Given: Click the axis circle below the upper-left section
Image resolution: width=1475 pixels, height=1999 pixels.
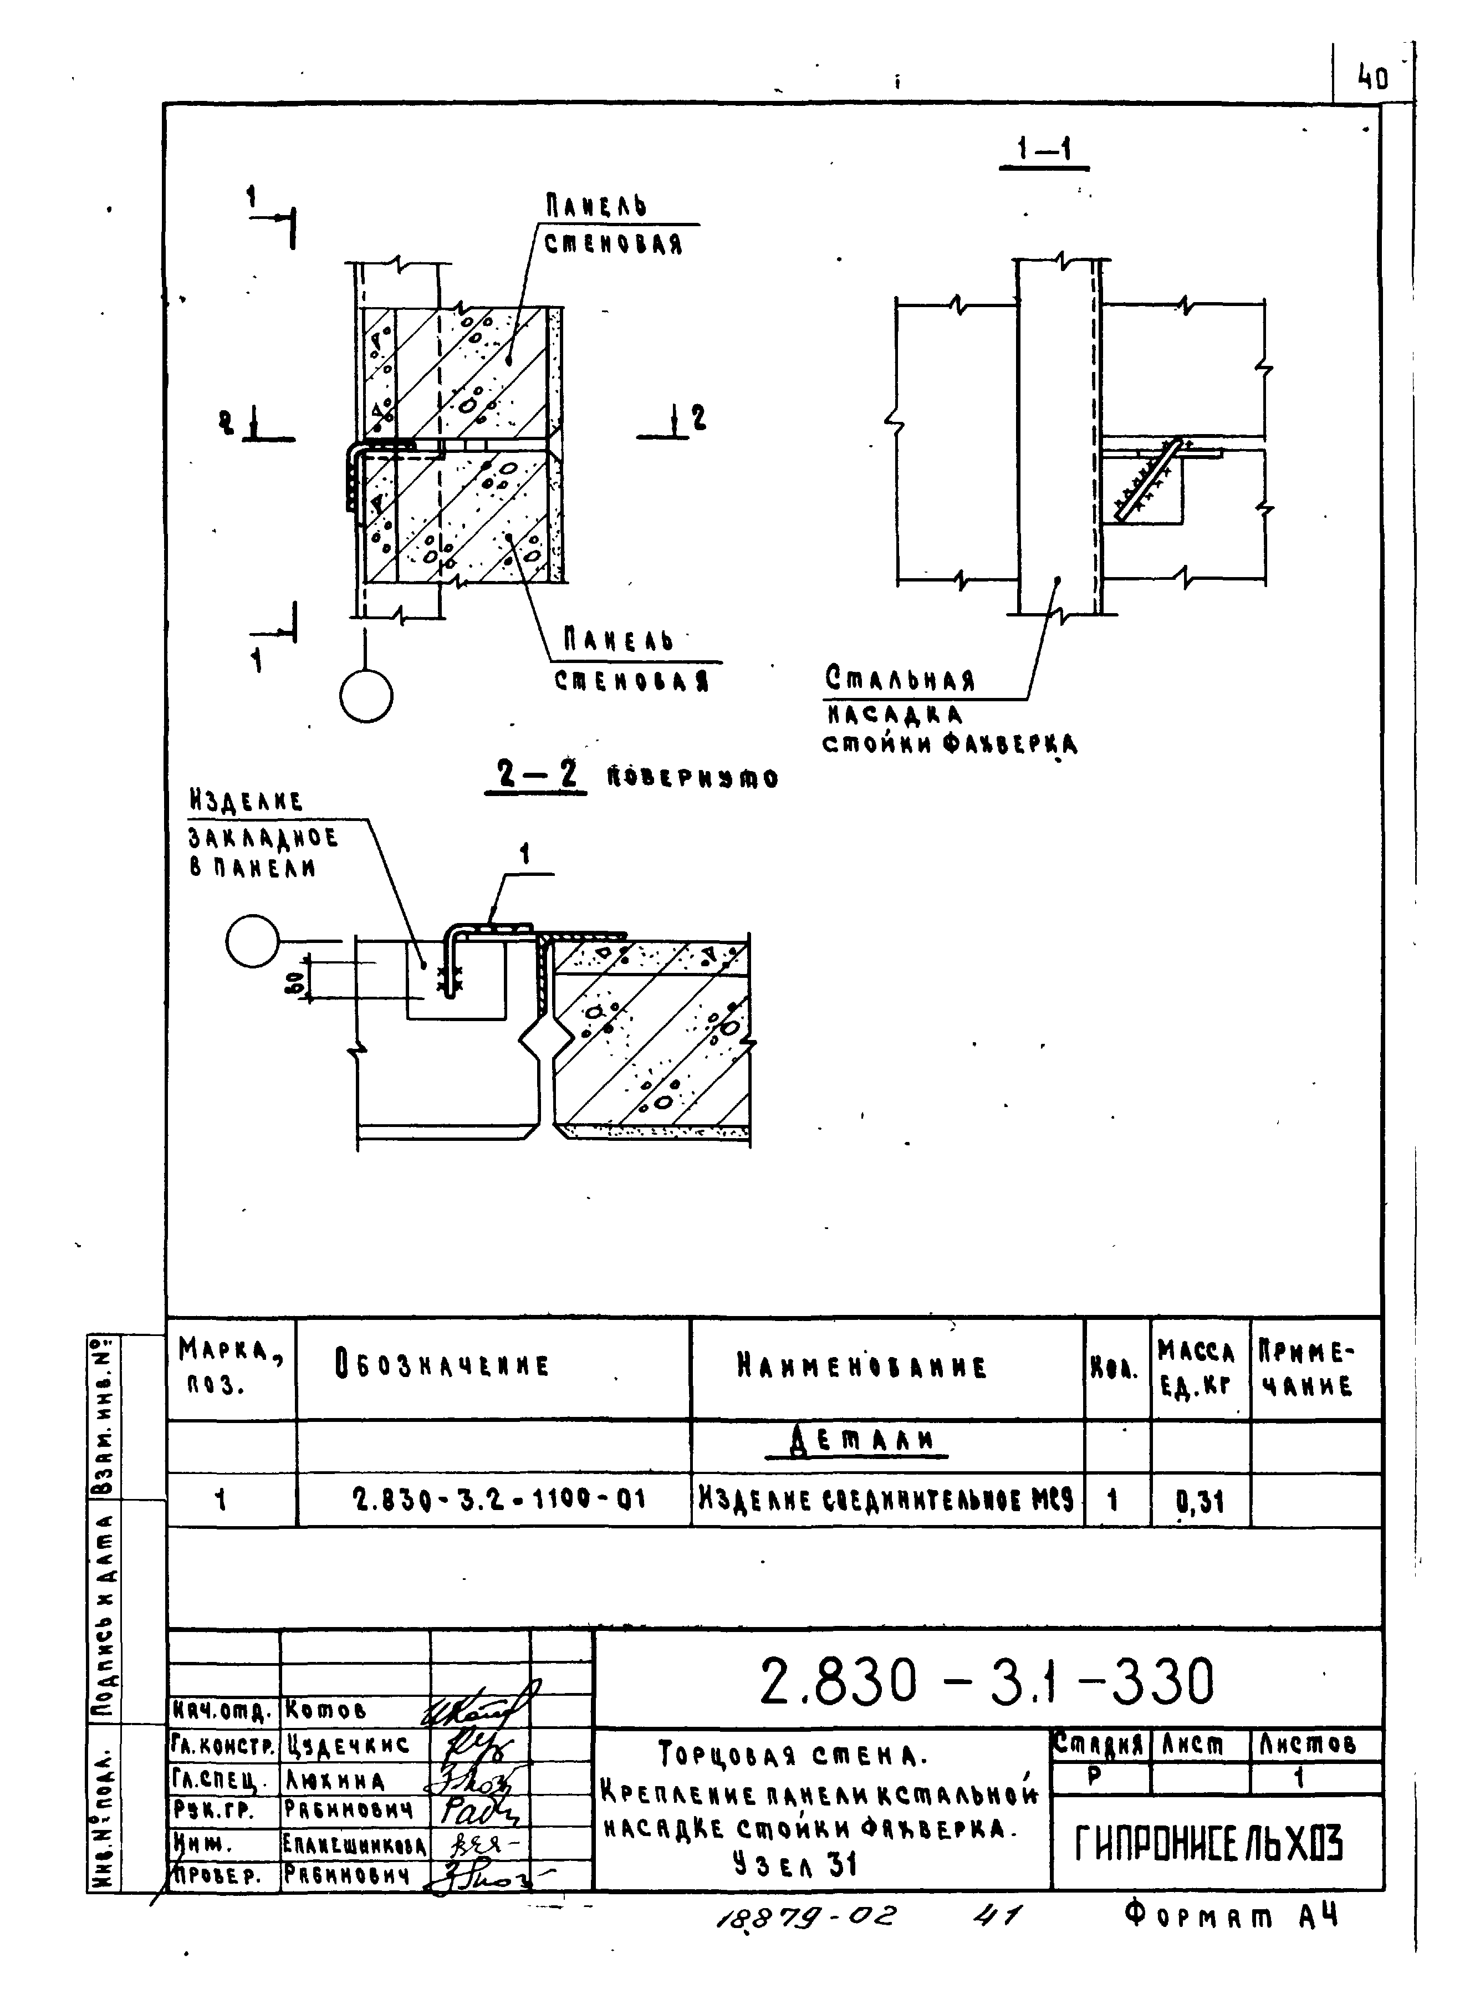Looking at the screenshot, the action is click(x=366, y=696).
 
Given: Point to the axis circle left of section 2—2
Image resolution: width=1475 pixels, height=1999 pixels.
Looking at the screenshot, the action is click(x=253, y=941).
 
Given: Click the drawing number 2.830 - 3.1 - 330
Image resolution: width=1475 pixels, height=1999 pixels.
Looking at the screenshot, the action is click(x=986, y=1682).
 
